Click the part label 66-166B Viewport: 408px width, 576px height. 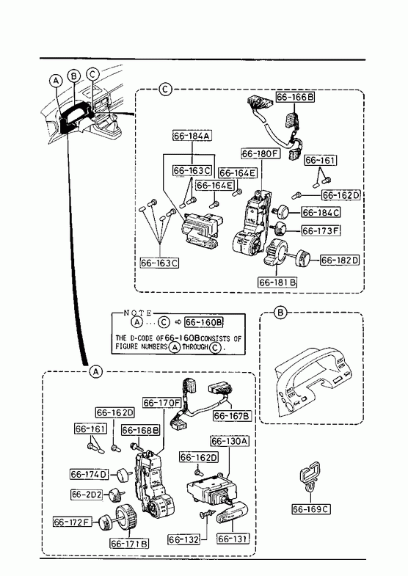click(295, 97)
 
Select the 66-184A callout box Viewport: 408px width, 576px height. click(192, 136)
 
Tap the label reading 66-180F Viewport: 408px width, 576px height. click(261, 153)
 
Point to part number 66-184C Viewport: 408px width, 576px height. click(321, 212)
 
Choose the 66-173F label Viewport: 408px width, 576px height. click(321, 230)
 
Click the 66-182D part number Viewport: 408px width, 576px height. click(340, 260)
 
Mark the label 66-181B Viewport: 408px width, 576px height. click(277, 282)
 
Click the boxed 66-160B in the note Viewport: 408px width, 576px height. click(204, 322)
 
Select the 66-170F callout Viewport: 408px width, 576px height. click(162, 403)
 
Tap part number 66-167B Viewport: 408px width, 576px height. click(233, 416)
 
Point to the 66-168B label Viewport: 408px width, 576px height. click(141, 430)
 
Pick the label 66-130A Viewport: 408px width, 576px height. click(230, 441)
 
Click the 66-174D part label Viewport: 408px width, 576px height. click(90, 474)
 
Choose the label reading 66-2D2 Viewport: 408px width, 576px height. click(87, 495)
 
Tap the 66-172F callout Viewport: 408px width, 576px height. click(73, 522)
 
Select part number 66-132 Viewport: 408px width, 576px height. click(184, 539)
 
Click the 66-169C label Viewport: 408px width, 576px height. click(311, 509)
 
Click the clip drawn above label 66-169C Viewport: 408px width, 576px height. click(310, 476)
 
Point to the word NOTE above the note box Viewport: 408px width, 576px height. click(138, 313)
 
